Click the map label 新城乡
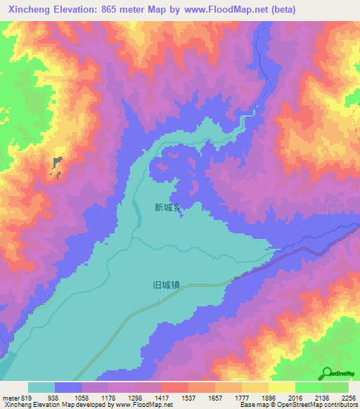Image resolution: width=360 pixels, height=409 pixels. (x=168, y=207)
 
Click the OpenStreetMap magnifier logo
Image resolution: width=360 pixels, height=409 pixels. (x=327, y=372)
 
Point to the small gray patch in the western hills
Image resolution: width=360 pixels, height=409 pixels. (x=56, y=166)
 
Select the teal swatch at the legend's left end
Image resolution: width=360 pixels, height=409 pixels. (x=41, y=387)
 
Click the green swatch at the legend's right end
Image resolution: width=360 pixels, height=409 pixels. (x=335, y=387)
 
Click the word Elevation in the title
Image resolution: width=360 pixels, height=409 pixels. (x=77, y=10)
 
